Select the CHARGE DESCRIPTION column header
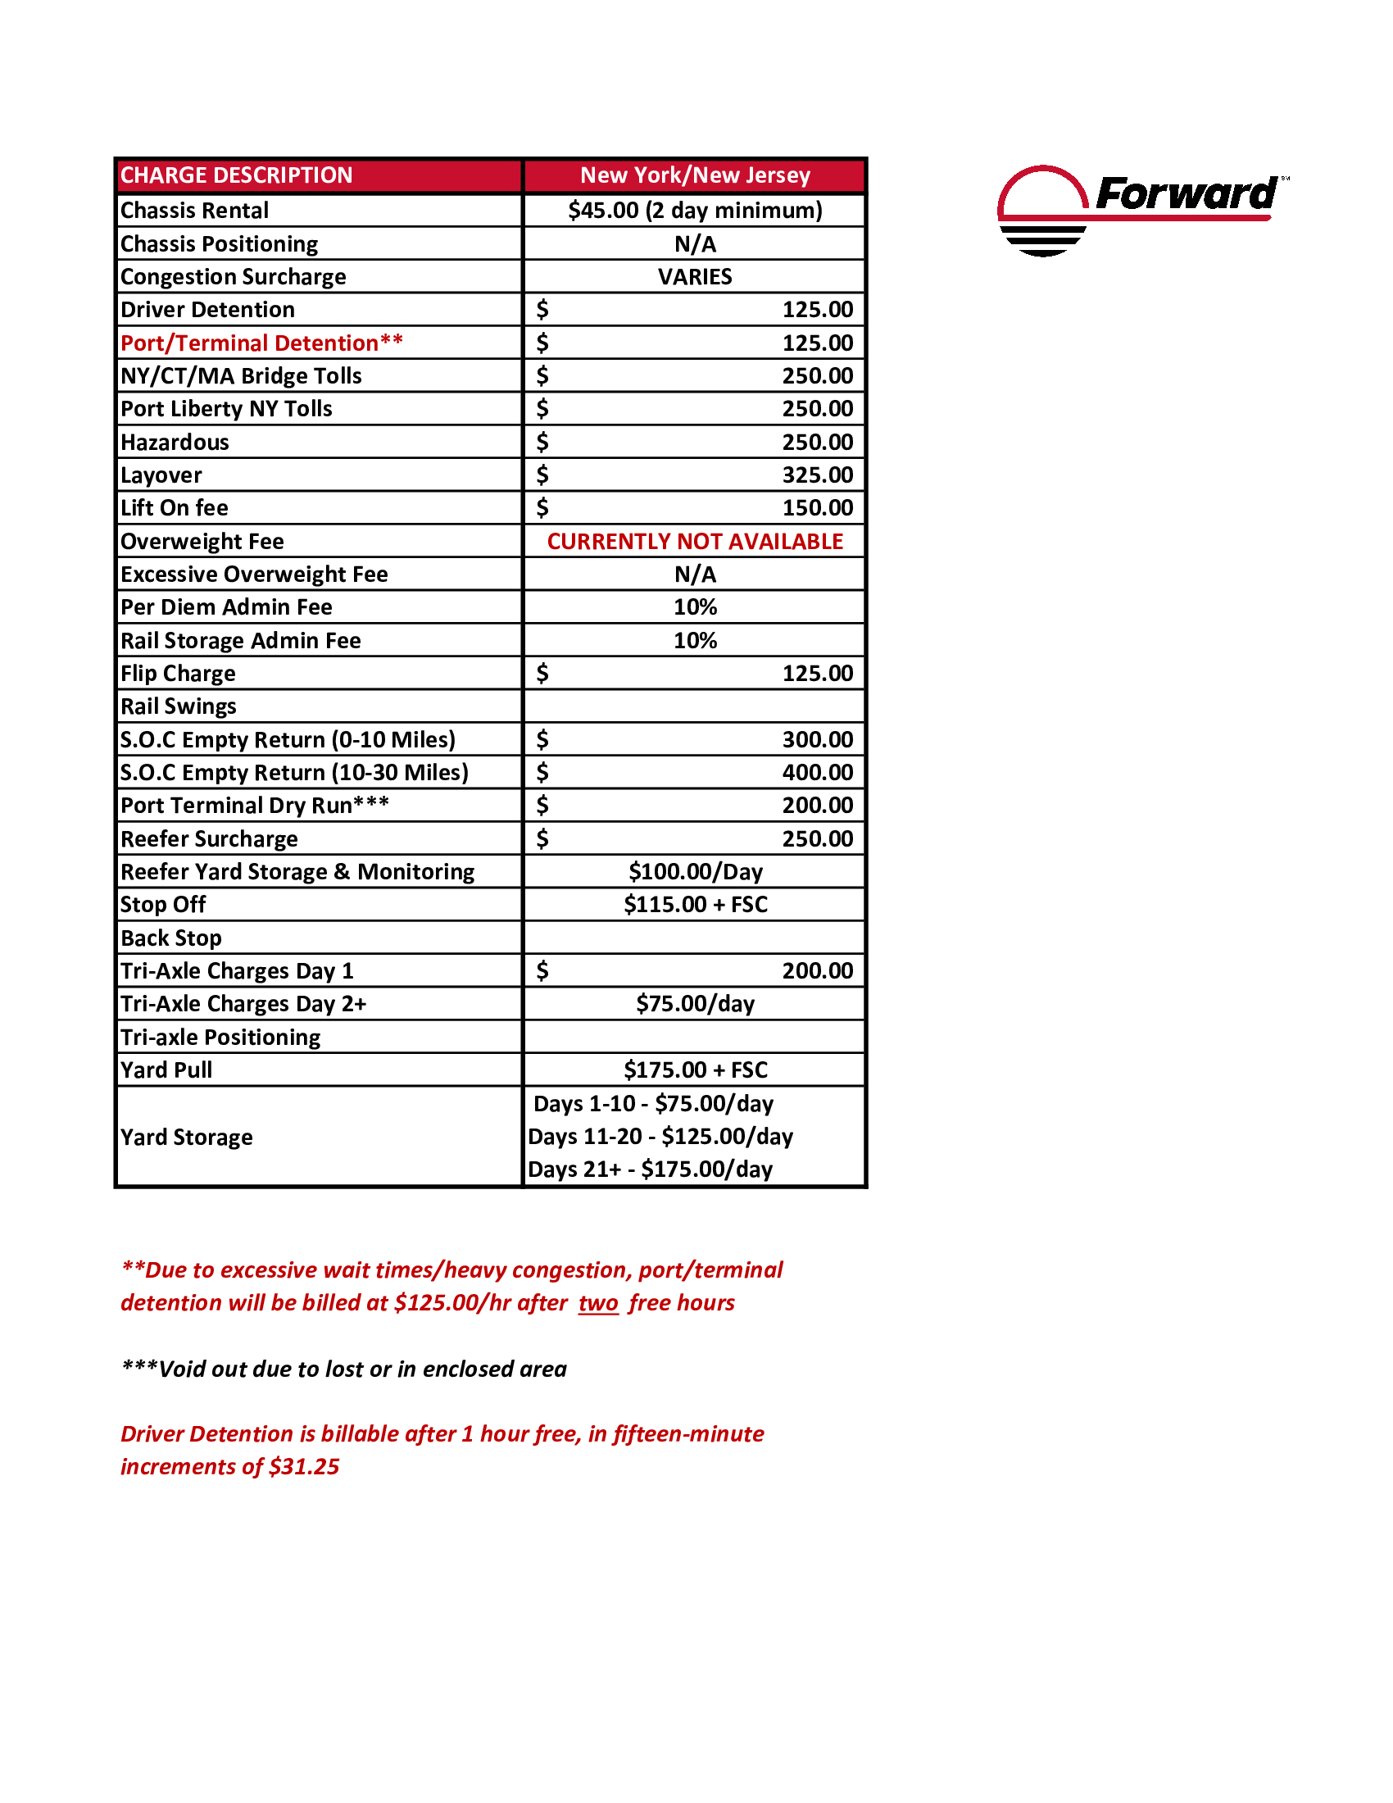236,176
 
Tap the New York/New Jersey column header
695,176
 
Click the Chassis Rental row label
195,211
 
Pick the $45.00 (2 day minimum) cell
695,211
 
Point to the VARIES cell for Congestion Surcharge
695,276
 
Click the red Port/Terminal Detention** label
261,343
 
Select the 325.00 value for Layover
817,475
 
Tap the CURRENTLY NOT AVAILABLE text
695,542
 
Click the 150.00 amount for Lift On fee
817,508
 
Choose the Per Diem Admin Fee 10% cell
695,606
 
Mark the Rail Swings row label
179,706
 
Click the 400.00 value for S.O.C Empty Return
817,773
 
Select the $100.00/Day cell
695,872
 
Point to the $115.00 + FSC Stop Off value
695,905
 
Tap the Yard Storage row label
187,1138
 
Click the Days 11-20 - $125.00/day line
660,1137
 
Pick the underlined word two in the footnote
598,1303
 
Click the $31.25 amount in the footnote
304,1466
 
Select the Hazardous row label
175,443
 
